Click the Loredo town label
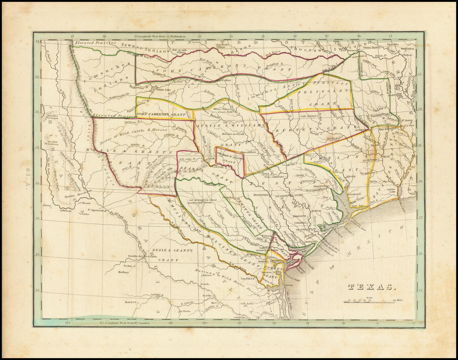(x=205, y=284)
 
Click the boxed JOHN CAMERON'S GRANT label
(x=161, y=114)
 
